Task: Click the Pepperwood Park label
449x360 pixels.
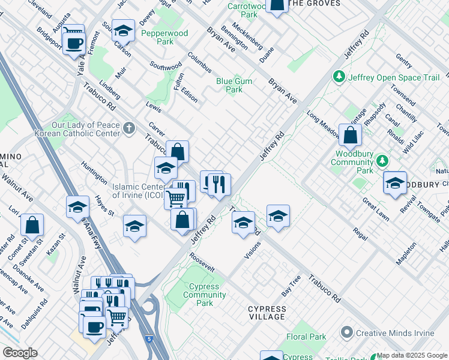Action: (x=164, y=38)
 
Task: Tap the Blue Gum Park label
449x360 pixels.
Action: (x=234, y=85)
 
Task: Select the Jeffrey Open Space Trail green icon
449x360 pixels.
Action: (x=339, y=77)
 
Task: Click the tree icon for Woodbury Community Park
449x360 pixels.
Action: (x=381, y=161)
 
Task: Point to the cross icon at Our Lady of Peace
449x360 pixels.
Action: (x=129, y=127)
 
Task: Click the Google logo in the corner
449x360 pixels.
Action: (x=19, y=353)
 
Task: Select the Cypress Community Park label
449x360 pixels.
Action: (x=204, y=295)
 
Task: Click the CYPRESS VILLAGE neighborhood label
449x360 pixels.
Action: (x=267, y=313)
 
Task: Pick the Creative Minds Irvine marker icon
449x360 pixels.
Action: (x=346, y=332)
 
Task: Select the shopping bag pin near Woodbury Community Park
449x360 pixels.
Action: (x=350, y=136)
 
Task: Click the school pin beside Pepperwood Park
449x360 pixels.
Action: (x=123, y=30)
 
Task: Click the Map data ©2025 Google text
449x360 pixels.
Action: (x=412, y=355)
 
